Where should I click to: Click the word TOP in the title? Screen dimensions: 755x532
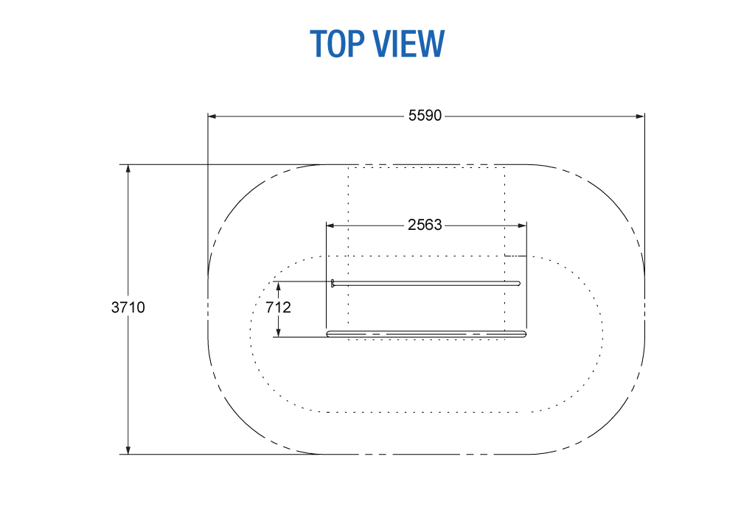pyautogui.click(x=337, y=43)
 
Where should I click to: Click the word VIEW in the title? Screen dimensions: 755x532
pyautogui.click(x=409, y=43)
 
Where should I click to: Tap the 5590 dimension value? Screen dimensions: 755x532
pyautogui.click(x=425, y=116)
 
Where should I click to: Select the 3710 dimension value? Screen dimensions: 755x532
pyautogui.click(x=128, y=307)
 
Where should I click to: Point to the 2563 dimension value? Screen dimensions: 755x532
pyautogui.click(x=425, y=225)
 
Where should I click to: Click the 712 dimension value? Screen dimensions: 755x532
pyautogui.click(x=278, y=307)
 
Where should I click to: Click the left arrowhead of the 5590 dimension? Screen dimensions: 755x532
pyautogui.click(x=212, y=116)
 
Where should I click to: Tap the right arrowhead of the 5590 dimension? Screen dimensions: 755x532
pyautogui.click(x=640, y=116)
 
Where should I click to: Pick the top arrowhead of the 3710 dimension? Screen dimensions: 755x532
pyautogui.click(x=128, y=169)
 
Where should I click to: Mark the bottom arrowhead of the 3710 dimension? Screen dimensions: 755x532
pyautogui.click(x=128, y=449)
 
